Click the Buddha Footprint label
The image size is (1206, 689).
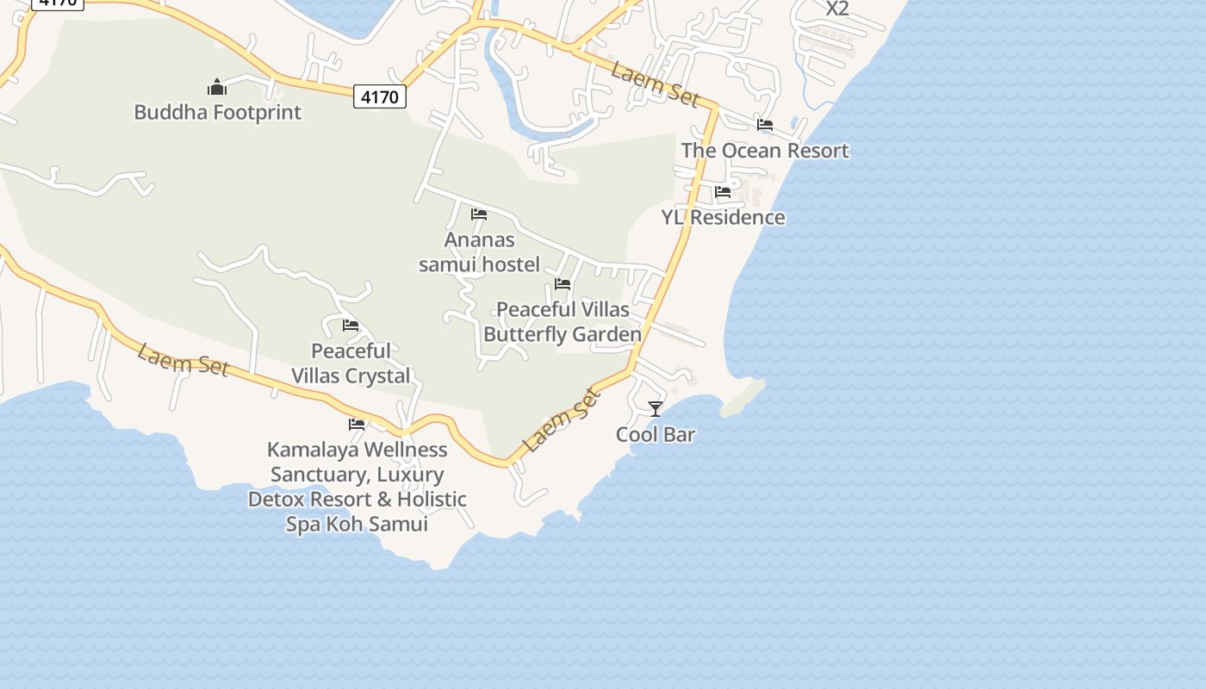coord(218,113)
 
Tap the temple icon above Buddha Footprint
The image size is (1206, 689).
coord(217,87)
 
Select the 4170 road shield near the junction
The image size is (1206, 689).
coord(380,96)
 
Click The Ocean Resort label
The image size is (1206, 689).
coord(765,151)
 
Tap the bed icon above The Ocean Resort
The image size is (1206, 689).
coord(765,125)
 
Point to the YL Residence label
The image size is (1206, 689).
coord(724,218)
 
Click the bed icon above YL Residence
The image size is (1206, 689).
coord(723,192)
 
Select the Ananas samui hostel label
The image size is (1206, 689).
coord(479,252)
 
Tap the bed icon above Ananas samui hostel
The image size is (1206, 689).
coord(479,214)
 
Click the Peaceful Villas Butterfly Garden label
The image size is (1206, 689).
coord(563,322)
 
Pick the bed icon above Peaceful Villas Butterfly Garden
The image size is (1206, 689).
coord(563,283)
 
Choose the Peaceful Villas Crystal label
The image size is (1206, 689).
coord(351,363)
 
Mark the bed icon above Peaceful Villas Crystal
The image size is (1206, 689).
coord(351,326)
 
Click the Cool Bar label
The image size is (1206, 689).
coord(656,435)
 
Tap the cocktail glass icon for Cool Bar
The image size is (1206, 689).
coord(656,409)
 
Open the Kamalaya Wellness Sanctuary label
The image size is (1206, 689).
coord(357,487)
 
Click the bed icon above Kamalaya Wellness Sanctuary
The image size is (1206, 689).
coord(357,424)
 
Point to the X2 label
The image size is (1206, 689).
coord(837,9)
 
